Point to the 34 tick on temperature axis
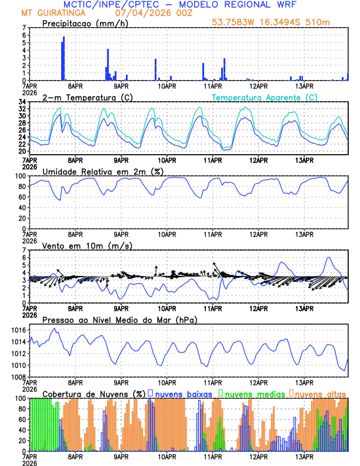point(22,102)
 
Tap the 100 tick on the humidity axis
point(20,176)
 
